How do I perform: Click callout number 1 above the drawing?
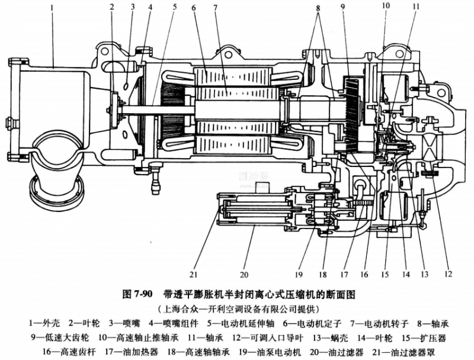point(53,8)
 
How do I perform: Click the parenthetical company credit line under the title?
point(237,309)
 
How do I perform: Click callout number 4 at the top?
point(150,8)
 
